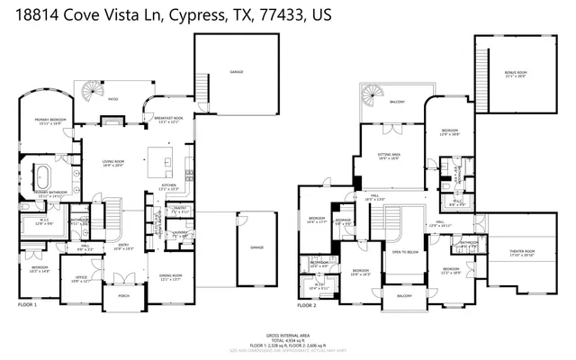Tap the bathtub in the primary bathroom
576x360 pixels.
click(x=44, y=173)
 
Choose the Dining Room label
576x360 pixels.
click(x=170, y=276)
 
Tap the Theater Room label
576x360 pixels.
click(x=522, y=253)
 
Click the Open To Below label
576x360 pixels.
click(x=402, y=253)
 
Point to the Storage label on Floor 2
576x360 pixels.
click(x=343, y=220)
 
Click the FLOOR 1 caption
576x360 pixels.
click(x=28, y=306)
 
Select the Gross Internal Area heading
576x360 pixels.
click(x=287, y=332)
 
